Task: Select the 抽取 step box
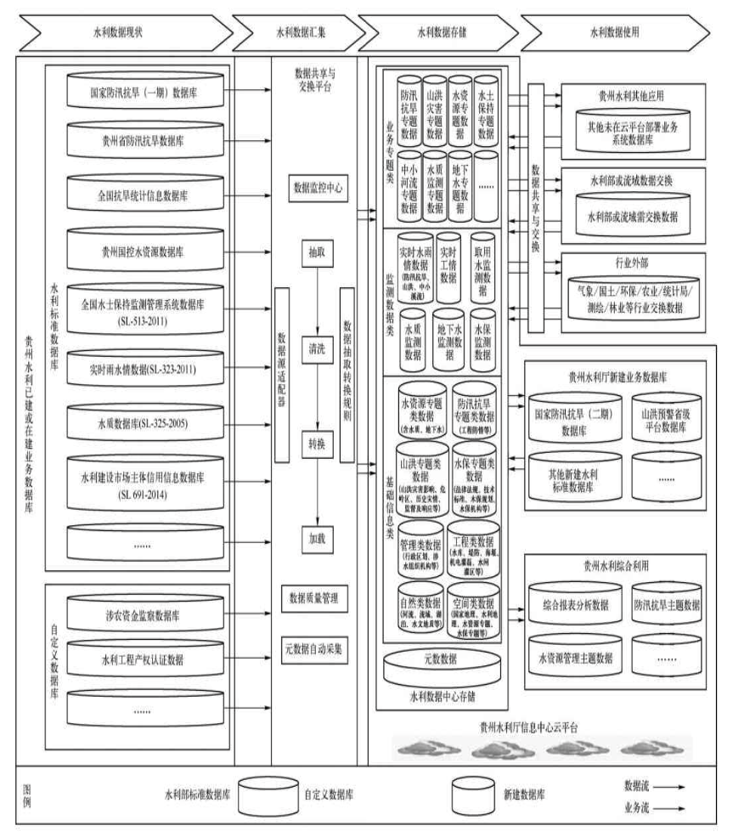pyautogui.click(x=315, y=252)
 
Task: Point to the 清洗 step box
pyautogui.click(x=315, y=347)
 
